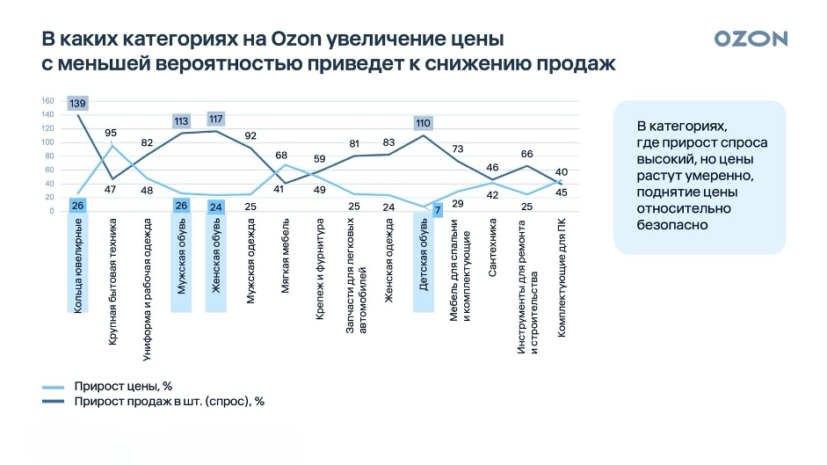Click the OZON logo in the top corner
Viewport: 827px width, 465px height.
click(751, 39)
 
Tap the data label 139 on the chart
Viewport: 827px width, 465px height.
click(77, 104)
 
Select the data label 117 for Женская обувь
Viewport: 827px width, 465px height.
click(216, 119)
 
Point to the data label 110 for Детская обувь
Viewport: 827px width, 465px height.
click(424, 123)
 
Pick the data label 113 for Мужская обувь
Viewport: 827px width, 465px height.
click(182, 121)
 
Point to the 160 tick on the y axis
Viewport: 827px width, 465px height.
click(47, 100)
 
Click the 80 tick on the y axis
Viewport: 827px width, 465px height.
click(49, 156)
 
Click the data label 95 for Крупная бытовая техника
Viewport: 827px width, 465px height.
click(111, 133)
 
